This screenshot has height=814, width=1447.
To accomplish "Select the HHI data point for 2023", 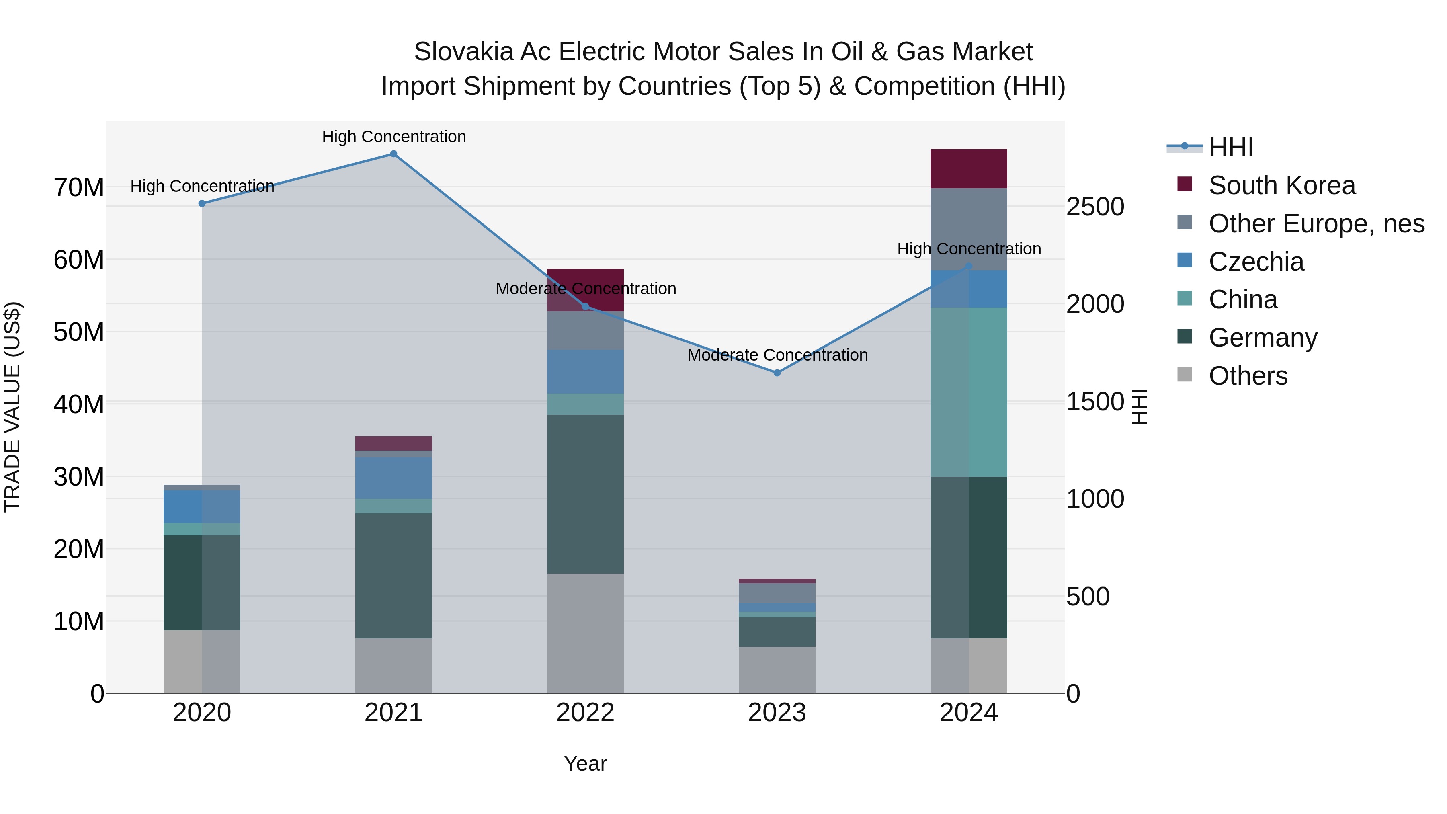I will [x=777, y=373].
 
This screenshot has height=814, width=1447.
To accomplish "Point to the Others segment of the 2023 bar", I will [x=777, y=670].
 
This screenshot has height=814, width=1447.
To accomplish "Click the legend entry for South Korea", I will [x=1281, y=185].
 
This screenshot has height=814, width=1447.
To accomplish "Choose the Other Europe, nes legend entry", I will [x=1316, y=223].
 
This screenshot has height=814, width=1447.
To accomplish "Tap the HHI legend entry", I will [x=1230, y=147].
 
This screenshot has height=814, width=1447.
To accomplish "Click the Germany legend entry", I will [x=1263, y=338].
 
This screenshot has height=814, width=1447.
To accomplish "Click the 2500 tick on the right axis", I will [x=1095, y=207].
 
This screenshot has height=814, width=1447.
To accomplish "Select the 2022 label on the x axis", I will [x=585, y=713].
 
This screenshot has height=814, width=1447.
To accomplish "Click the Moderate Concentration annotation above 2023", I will [x=777, y=355].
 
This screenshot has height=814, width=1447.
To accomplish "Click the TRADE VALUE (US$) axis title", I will [x=12, y=407].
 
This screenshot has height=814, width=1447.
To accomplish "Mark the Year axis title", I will [x=585, y=763].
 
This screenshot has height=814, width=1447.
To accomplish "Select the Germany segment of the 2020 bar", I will [x=202, y=582].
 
